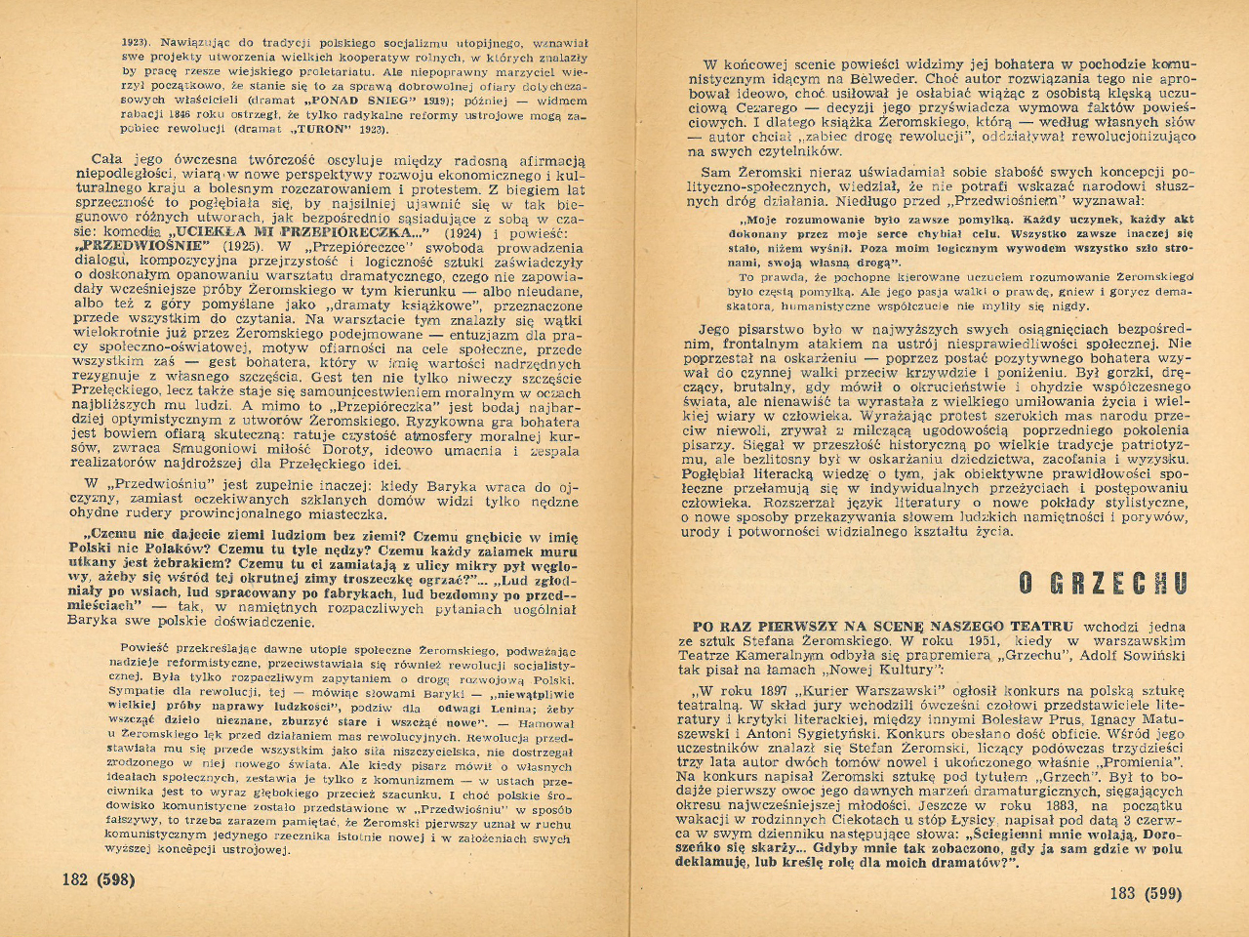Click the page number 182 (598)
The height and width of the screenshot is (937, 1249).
coord(99,878)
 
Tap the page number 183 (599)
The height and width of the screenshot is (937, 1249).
coord(1146,893)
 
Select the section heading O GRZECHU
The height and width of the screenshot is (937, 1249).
coord(1103,584)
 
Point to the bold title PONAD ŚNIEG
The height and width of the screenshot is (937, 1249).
coord(342,100)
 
